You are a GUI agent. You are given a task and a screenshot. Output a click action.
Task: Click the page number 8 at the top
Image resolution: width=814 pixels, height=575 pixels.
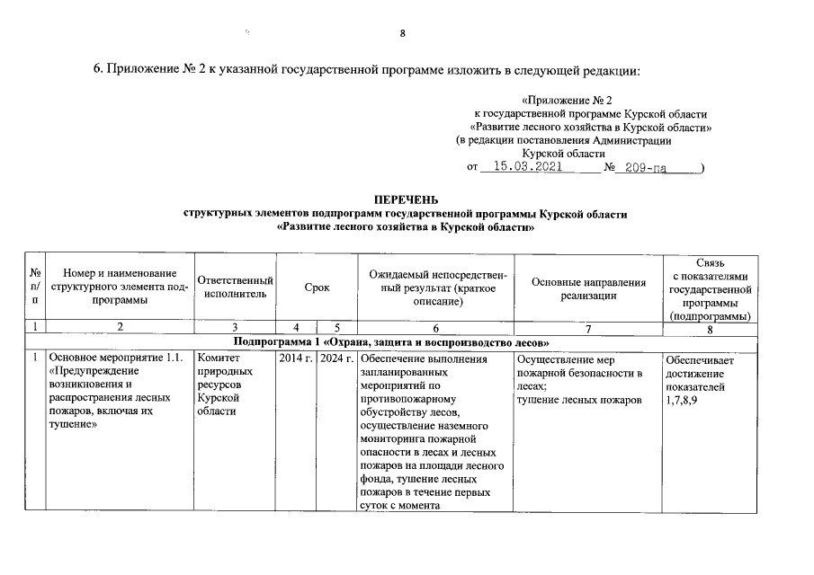coord(403,34)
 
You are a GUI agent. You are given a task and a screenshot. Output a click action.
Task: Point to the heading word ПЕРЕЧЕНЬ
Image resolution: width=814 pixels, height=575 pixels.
coord(406,199)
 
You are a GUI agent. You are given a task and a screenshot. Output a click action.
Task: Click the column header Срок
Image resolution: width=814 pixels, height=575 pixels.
coord(317,287)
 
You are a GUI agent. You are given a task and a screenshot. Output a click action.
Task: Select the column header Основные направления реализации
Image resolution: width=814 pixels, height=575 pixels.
coord(588,287)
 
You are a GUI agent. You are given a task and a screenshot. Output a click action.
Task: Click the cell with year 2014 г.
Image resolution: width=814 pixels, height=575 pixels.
coord(296,360)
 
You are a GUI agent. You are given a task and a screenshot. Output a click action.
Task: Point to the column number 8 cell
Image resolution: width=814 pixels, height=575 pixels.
coord(711,329)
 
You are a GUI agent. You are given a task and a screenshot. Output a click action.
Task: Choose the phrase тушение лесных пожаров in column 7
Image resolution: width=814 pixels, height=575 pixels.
coord(579,400)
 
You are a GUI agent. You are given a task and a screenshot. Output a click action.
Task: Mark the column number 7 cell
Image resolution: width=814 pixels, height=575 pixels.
coord(588,329)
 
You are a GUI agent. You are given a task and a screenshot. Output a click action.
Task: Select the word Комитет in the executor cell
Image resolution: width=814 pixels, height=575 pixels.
coord(216,360)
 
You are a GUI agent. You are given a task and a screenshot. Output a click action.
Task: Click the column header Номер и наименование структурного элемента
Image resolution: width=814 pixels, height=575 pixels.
coord(120,287)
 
